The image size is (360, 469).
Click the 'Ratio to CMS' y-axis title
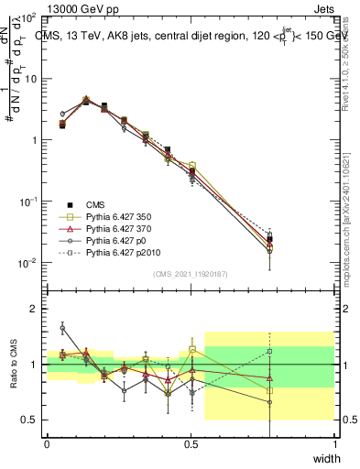click(x=13, y=364)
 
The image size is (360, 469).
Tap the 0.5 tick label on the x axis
click(x=191, y=444)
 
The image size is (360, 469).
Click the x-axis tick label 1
click(x=334, y=444)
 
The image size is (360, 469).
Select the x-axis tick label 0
click(x=47, y=444)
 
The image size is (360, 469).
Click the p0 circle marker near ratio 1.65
click(x=62, y=327)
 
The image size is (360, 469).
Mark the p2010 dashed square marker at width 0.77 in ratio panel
click(x=269, y=351)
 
